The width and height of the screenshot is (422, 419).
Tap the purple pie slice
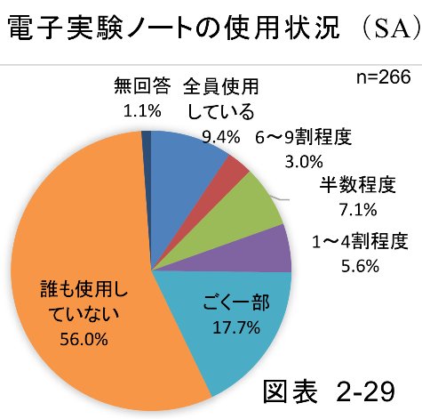click(271, 249)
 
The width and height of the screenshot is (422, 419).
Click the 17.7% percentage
click(235, 327)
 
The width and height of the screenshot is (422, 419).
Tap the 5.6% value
click(360, 265)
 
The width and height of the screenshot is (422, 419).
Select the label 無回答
click(139, 87)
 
